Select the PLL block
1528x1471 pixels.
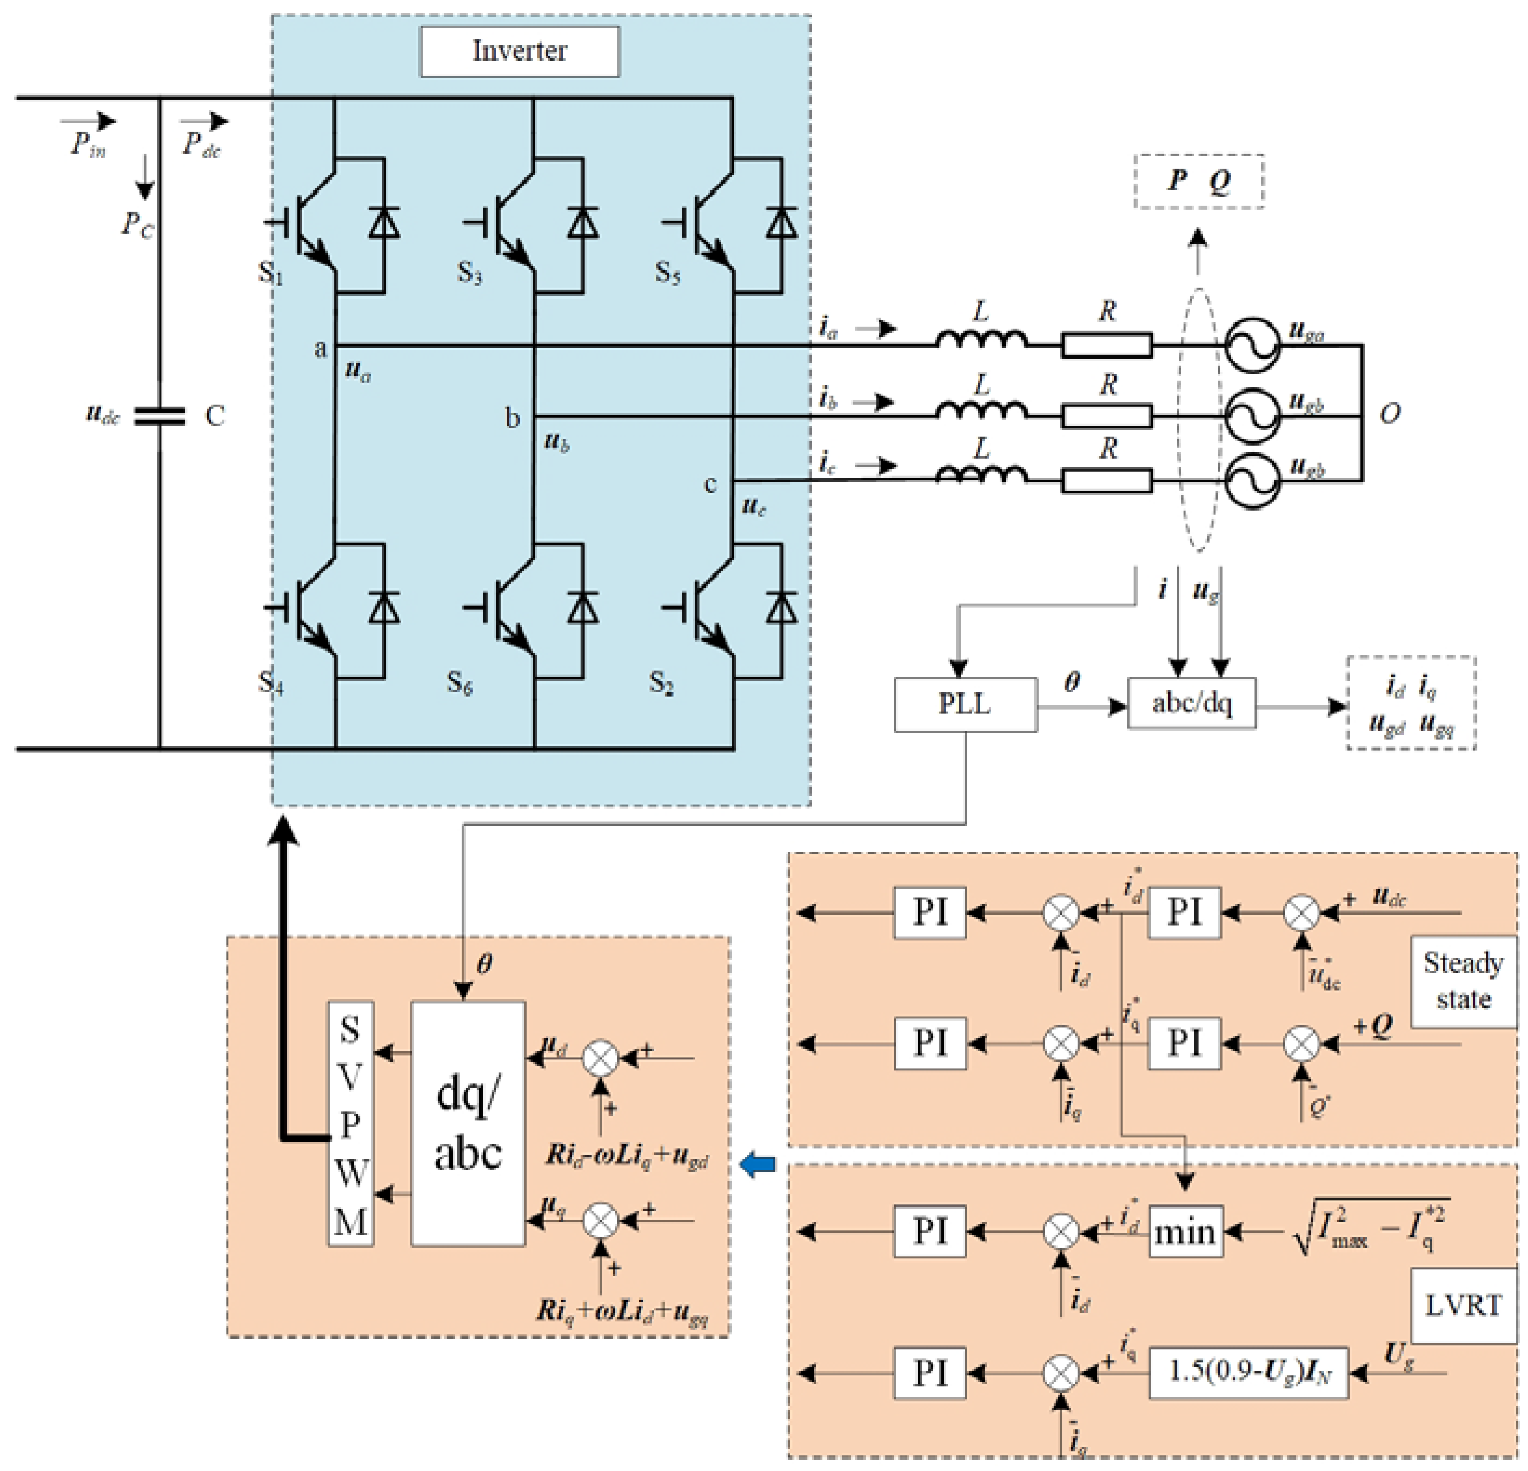(965, 704)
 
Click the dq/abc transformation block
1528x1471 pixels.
(467, 1124)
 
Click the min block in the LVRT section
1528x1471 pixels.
(1185, 1231)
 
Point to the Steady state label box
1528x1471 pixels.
(1463, 981)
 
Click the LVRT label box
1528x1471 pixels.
(1463, 1306)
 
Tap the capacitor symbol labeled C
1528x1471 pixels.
(160, 416)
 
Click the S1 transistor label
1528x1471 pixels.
(270, 273)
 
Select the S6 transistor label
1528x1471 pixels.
(459, 683)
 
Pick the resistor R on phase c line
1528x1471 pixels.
(1106, 480)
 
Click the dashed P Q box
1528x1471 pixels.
(1198, 182)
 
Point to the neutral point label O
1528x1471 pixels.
(1390, 413)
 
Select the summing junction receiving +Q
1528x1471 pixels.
(1300, 1044)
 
